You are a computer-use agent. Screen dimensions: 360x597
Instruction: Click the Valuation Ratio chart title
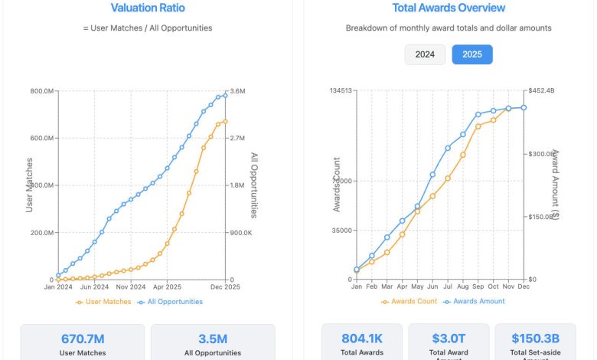pos(148,8)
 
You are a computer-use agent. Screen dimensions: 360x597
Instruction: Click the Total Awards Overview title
pos(449,8)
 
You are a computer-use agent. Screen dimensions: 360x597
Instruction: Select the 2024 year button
pos(425,54)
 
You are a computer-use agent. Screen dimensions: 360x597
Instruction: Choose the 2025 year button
pos(472,54)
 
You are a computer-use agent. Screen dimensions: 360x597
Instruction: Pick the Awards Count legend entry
pos(409,302)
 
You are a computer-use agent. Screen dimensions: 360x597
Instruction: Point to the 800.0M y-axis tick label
pos(41,92)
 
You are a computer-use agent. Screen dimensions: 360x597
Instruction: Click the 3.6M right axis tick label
pos(237,92)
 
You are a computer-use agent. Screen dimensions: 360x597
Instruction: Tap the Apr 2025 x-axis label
pos(166,286)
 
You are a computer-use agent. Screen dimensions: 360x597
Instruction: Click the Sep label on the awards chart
pos(478,286)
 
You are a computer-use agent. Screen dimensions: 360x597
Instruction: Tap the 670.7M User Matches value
pos(82,339)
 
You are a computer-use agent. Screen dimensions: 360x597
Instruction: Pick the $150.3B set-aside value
pos(537,339)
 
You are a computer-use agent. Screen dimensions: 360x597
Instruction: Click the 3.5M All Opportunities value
pos(212,339)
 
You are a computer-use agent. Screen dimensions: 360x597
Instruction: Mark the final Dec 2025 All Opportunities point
pos(225,95)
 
